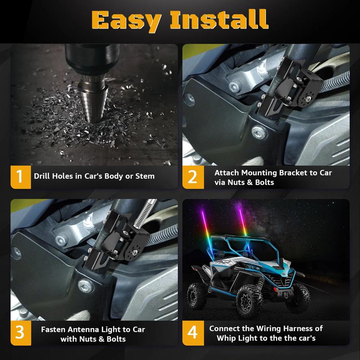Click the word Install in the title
219,19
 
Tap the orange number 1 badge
21,177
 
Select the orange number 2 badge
193,177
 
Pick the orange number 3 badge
21,333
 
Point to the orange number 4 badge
193,333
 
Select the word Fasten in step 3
53,329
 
